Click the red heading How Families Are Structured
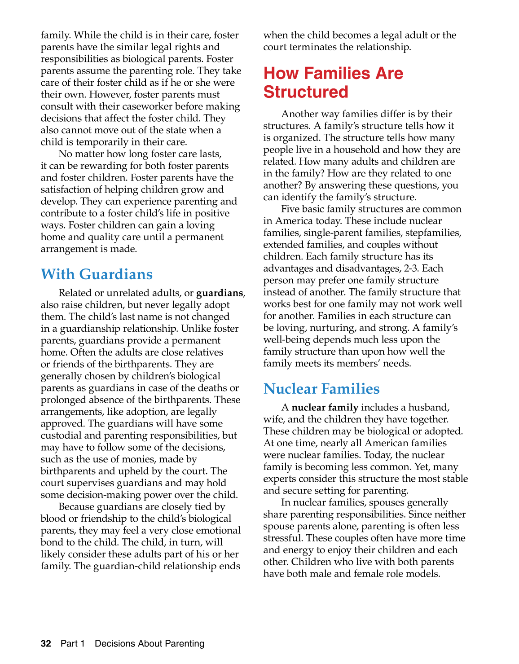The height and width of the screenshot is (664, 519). (x=333, y=82)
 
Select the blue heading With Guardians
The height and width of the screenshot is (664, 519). (x=97, y=274)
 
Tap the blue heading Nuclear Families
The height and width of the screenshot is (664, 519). (x=321, y=389)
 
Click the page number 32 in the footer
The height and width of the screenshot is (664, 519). (x=46, y=644)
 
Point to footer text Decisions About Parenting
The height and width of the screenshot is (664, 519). (x=150, y=644)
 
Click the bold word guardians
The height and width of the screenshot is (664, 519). (x=220, y=293)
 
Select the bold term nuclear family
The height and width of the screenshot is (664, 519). (x=325, y=408)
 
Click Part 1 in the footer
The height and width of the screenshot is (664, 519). (x=72, y=644)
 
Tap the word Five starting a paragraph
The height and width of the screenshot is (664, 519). (x=290, y=209)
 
